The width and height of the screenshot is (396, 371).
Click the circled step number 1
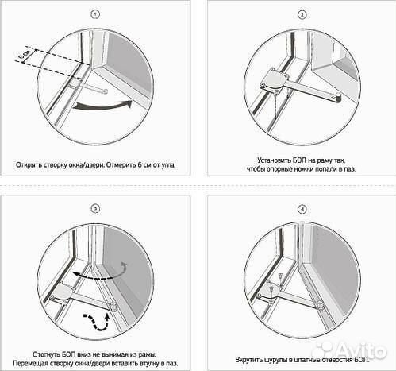[x=95, y=14]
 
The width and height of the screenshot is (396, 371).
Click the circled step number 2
[x=302, y=15]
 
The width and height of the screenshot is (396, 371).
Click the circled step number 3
[x=95, y=209]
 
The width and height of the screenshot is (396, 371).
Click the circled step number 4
[x=302, y=210]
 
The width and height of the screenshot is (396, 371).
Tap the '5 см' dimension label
[x=25, y=55]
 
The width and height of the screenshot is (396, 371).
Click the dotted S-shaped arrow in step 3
[x=97, y=322]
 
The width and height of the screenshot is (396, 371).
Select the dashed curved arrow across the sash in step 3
[x=100, y=272]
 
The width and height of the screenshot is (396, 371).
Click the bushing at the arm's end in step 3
[x=114, y=306]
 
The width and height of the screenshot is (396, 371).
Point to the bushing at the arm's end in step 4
[x=320, y=305]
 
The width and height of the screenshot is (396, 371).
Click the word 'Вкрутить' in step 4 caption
[x=248, y=360]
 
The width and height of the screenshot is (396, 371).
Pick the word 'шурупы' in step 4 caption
[x=274, y=360]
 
